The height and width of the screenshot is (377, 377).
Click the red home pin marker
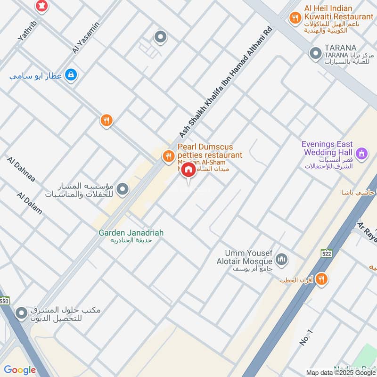[x=188, y=170]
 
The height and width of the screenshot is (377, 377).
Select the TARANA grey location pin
[x=315, y=54]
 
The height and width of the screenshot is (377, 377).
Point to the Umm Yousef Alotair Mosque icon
[x=282, y=259]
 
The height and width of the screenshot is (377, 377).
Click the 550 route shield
[x=4, y=300]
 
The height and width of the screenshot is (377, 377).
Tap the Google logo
[x=20, y=370]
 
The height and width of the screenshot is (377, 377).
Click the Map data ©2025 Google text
[x=340, y=372]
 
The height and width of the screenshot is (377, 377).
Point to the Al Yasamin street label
[x=86, y=38]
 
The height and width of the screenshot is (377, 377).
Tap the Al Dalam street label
[x=29, y=203]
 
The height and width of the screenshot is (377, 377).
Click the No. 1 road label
[x=306, y=337]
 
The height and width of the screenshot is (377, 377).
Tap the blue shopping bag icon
[x=70, y=74]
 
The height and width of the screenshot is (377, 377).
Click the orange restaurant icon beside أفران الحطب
[x=322, y=279]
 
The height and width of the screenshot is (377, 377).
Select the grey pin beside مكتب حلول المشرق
[x=21, y=313]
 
